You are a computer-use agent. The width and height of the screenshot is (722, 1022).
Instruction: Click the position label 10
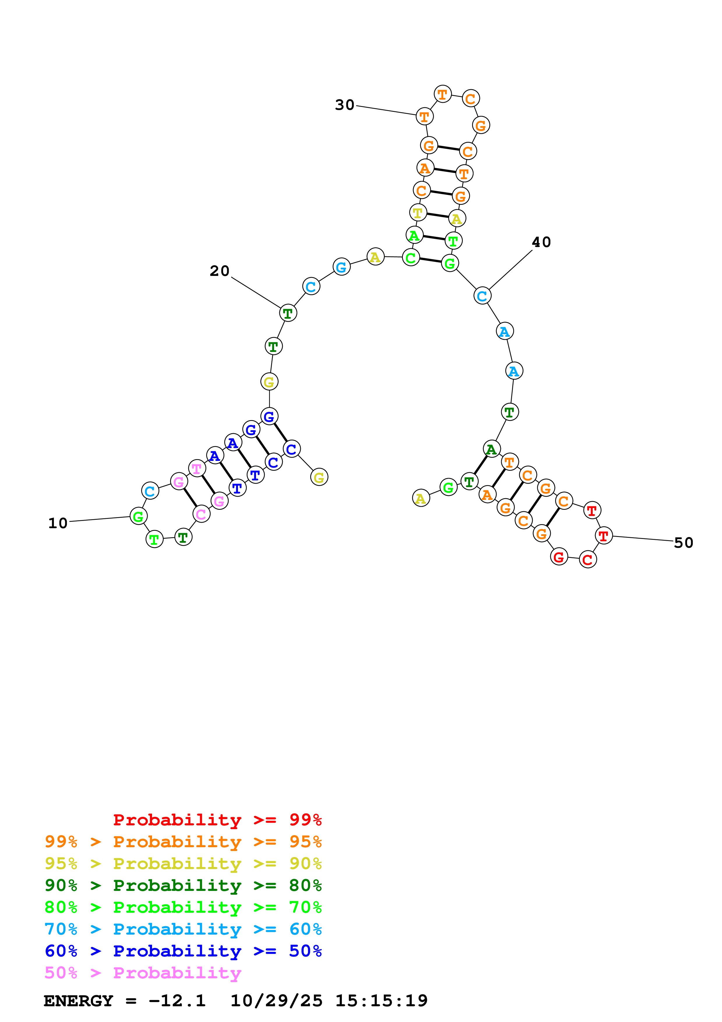coord(58,523)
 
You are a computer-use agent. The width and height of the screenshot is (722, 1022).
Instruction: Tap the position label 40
coord(541,242)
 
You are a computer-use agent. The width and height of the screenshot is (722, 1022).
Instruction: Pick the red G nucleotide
coord(559,556)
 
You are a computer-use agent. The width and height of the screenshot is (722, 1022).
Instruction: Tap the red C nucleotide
coord(588,560)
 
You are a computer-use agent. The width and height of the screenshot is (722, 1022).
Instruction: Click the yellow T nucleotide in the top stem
coord(418,213)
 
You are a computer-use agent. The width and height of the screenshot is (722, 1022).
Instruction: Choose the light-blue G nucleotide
coord(341,267)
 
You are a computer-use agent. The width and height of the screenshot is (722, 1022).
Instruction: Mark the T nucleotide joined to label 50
coord(603,536)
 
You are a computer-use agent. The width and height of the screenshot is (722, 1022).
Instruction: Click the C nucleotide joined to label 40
coord(482,296)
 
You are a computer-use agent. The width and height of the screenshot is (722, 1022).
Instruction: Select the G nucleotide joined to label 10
coord(138,516)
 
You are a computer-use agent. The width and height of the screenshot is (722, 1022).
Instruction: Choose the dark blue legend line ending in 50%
coord(183,951)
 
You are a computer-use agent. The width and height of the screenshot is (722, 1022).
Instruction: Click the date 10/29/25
coord(276,1001)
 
